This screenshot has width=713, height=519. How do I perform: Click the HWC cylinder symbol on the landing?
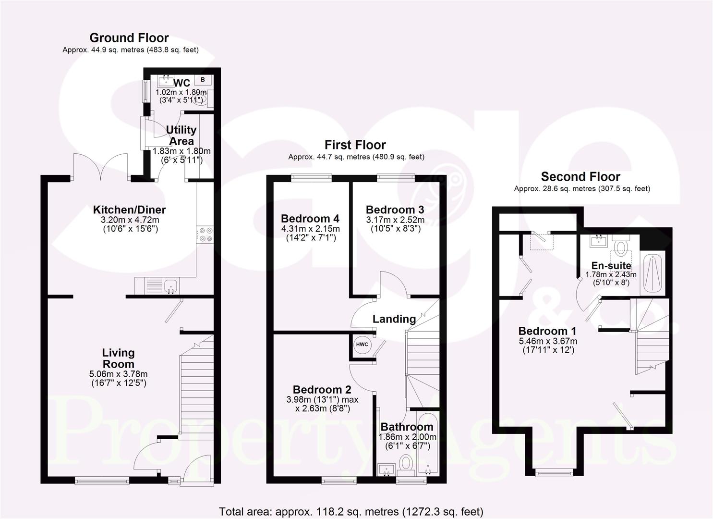[362, 345]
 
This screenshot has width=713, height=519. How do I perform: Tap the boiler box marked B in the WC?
[203, 79]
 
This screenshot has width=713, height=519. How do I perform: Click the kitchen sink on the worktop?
[170, 287]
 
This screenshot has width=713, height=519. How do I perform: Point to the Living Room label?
[119, 358]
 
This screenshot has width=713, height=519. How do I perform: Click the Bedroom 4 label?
[310, 219]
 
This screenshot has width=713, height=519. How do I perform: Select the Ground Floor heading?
[129, 38]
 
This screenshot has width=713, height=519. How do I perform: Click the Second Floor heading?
[580, 177]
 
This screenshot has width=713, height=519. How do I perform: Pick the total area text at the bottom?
[351, 511]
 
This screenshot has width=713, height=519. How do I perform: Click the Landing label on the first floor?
[394, 319]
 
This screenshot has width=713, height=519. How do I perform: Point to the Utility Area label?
[181, 136]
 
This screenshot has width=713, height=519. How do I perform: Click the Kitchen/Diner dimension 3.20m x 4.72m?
[129, 220]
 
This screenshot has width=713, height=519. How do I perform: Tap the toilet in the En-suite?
[621, 247]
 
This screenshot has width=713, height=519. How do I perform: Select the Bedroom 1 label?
[547, 331]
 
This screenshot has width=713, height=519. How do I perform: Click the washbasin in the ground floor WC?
[167, 79]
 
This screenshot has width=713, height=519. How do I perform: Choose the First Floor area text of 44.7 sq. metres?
[356, 157]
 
